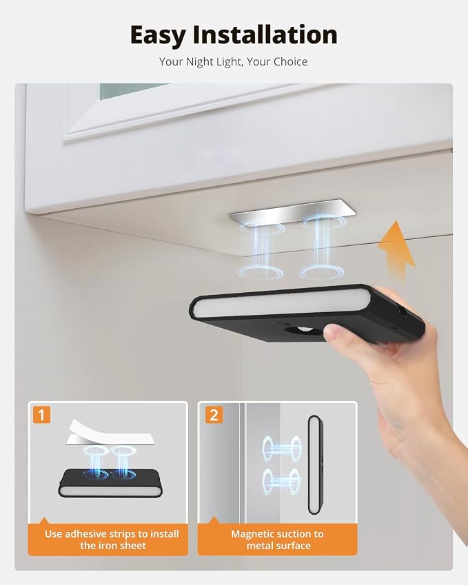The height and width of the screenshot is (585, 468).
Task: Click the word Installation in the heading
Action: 265,34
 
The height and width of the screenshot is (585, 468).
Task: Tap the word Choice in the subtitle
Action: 289,61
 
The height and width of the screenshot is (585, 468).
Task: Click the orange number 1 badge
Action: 41,415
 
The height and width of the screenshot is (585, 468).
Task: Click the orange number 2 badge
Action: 214,415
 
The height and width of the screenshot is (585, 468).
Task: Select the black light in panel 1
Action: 110,483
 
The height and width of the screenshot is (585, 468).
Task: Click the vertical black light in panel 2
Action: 316,465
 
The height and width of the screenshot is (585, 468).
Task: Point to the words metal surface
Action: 278,546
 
